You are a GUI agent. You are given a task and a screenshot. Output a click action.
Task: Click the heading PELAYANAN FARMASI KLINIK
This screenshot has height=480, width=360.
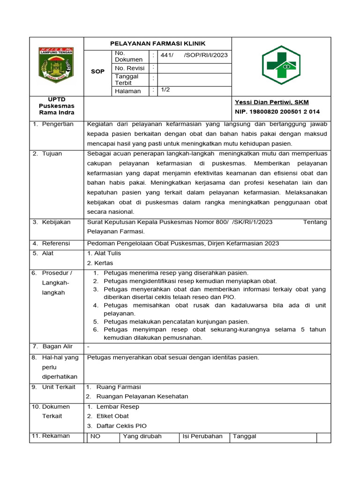pyautogui.click(x=157, y=44)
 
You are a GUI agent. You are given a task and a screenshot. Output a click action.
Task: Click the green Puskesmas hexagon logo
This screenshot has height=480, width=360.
pyautogui.click(x=281, y=65)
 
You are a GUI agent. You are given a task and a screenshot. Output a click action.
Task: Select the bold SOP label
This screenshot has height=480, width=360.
pyautogui.click(x=97, y=71)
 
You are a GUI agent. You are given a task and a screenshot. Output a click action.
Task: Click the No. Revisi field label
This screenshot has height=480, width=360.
pyautogui.click(x=130, y=68)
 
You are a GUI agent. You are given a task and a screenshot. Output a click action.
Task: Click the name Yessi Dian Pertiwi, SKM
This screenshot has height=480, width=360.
pyautogui.click(x=271, y=102)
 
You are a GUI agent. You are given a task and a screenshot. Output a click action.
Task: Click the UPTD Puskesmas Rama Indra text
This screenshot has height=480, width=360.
pyautogui.click(x=56, y=106)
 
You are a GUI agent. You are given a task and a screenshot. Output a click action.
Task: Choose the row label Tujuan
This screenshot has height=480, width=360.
pyautogui.click(x=52, y=154)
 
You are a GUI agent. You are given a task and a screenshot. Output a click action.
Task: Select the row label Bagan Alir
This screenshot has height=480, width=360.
pyautogui.click(x=57, y=347)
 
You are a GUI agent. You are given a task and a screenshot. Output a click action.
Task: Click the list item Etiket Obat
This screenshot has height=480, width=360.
pyautogui.click(x=112, y=416)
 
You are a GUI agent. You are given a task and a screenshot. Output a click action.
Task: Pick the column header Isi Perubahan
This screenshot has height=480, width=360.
pyautogui.click(x=202, y=436)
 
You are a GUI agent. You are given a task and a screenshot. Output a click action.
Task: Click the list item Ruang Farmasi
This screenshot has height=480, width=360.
pyautogui.click(x=118, y=387)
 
